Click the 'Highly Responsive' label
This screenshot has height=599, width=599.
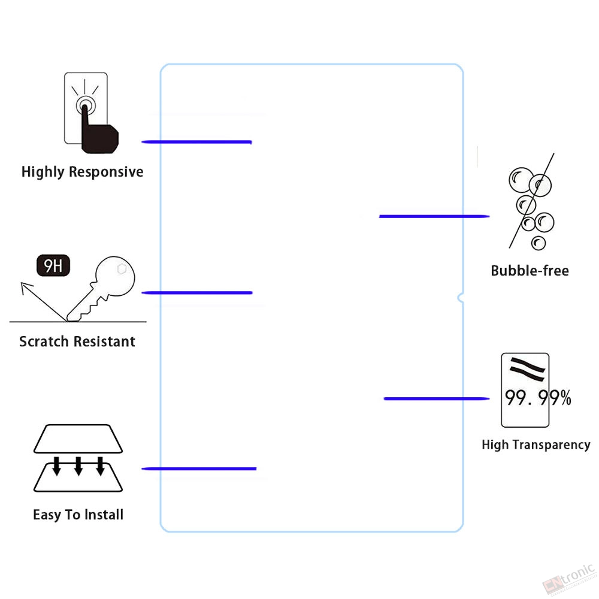point(83,172)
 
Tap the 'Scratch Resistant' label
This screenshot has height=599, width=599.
point(77,341)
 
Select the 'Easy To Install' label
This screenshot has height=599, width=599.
point(78,515)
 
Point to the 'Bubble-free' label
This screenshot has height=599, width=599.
point(530,271)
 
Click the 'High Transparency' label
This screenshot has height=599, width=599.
point(536,444)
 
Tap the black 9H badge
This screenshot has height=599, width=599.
point(53,265)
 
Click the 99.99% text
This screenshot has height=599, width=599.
point(538,398)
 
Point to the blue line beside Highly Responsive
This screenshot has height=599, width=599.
point(196,142)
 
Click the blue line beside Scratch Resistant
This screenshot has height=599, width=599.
point(197,293)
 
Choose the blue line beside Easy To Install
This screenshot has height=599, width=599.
point(199,469)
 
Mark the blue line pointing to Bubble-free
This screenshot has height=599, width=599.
point(434,216)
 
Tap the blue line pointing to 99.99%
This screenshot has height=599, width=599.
point(437,398)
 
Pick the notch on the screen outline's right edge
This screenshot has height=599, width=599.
point(460,298)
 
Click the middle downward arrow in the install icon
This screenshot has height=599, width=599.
point(78,465)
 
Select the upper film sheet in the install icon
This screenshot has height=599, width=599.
point(78,438)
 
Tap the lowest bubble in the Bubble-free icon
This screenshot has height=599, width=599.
point(539,243)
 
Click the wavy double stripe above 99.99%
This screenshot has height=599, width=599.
point(527,369)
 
